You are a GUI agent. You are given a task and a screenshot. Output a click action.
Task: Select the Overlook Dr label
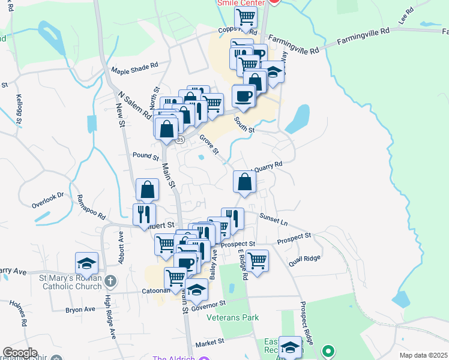pyautogui.click(x=48, y=200)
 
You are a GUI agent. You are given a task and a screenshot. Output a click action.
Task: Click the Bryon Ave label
pyautogui.click(x=80, y=310)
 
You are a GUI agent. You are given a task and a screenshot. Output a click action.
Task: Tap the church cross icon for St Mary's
pyautogui.click(x=110, y=281)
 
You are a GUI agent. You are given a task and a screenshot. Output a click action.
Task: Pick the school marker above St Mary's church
pyautogui.click(x=86, y=263)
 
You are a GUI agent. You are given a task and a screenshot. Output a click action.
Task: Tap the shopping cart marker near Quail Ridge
pyautogui.click(x=256, y=260)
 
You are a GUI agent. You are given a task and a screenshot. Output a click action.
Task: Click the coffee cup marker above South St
pyautogui.click(x=244, y=95)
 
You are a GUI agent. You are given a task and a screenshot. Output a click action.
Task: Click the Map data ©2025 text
pyautogui.click(x=423, y=355)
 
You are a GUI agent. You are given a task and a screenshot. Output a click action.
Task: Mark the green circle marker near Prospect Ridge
pyautogui.click(x=328, y=349)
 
